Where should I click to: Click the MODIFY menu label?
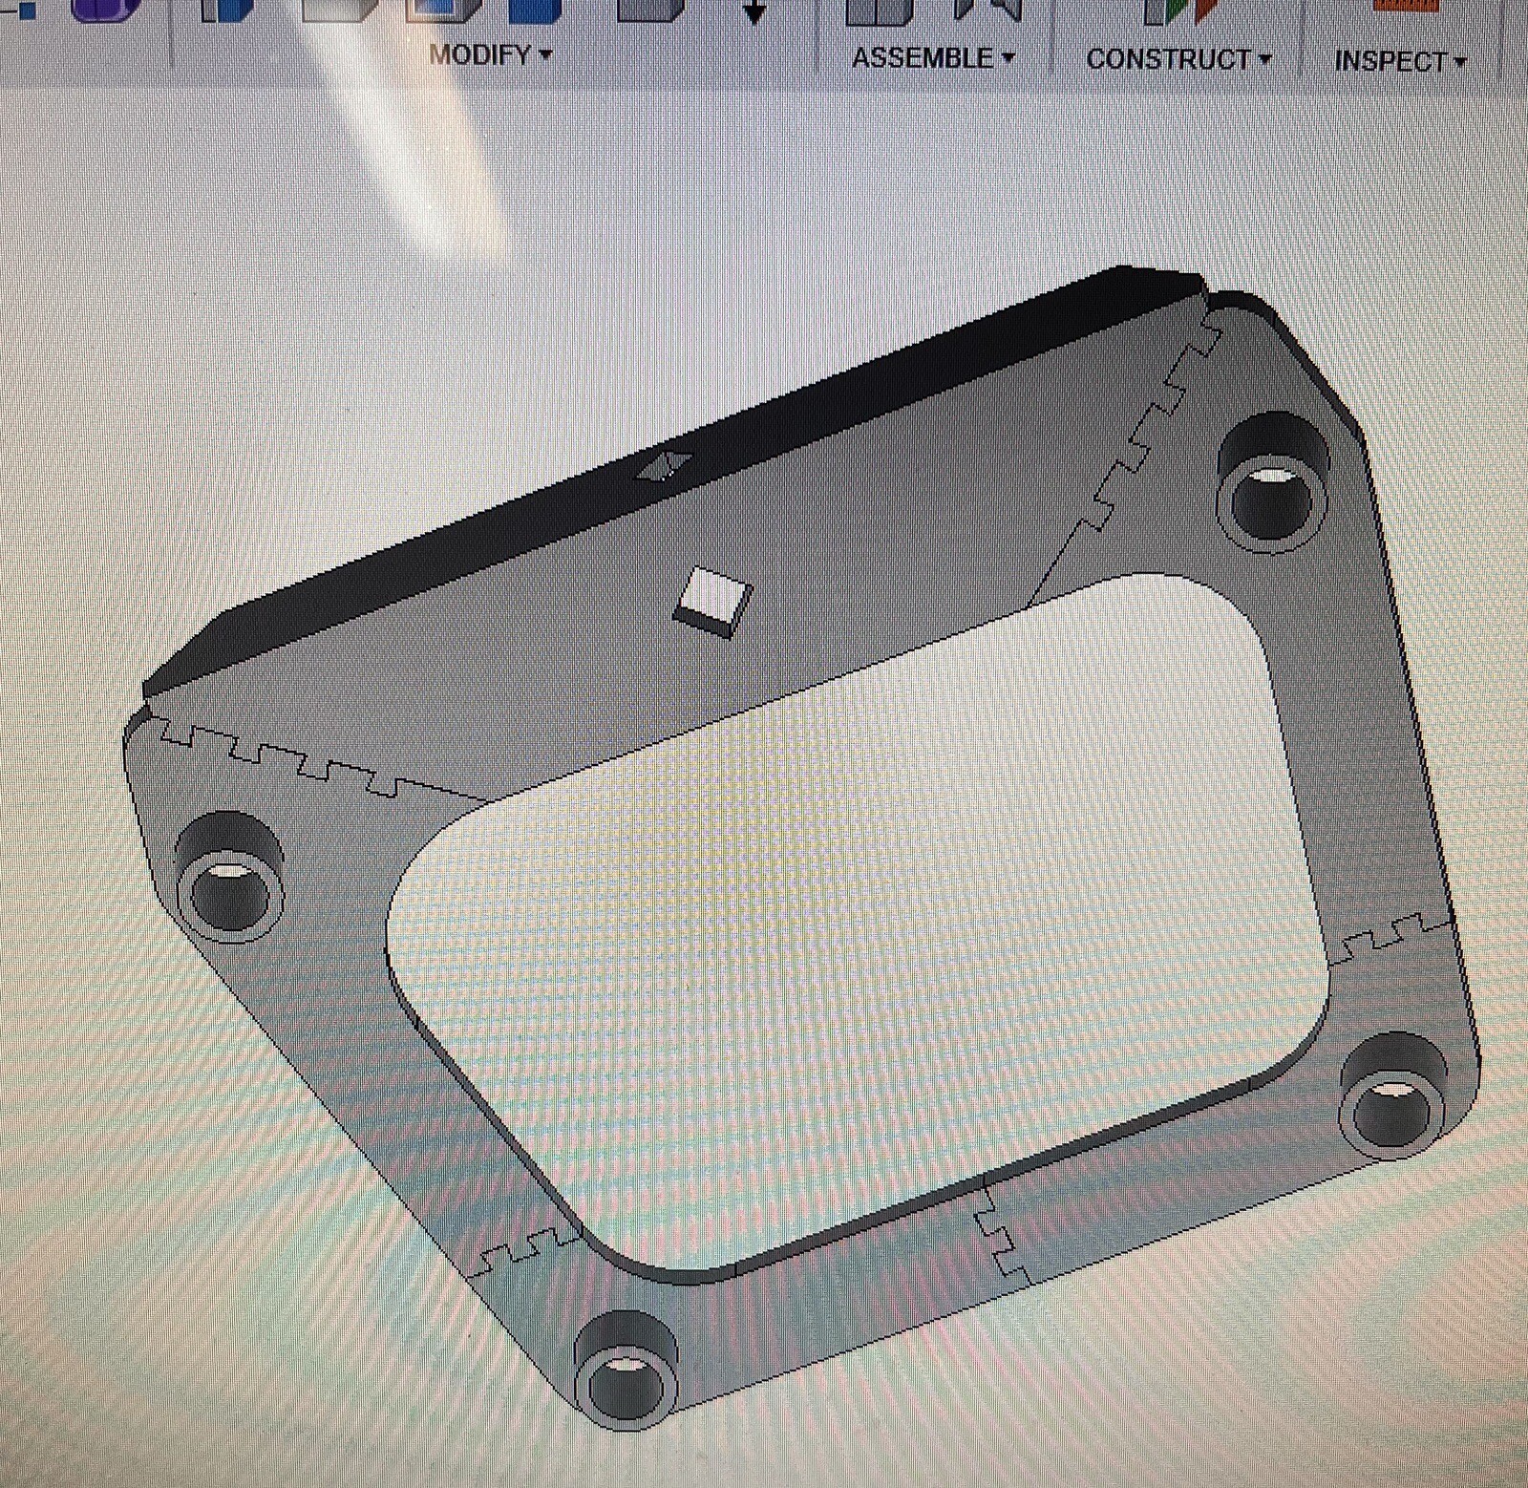click(479, 55)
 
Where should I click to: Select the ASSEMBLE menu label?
click(922, 58)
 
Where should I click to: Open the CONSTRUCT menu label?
click(1168, 59)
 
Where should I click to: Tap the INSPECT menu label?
click(1390, 62)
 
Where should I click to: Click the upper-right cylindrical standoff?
click(1274, 483)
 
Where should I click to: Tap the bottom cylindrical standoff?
click(626, 1371)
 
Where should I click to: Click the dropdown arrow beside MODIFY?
click(545, 54)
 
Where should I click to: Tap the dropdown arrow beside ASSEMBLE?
click(1008, 58)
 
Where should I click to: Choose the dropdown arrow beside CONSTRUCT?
click(1265, 60)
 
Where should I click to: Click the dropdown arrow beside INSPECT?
click(1459, 63)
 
